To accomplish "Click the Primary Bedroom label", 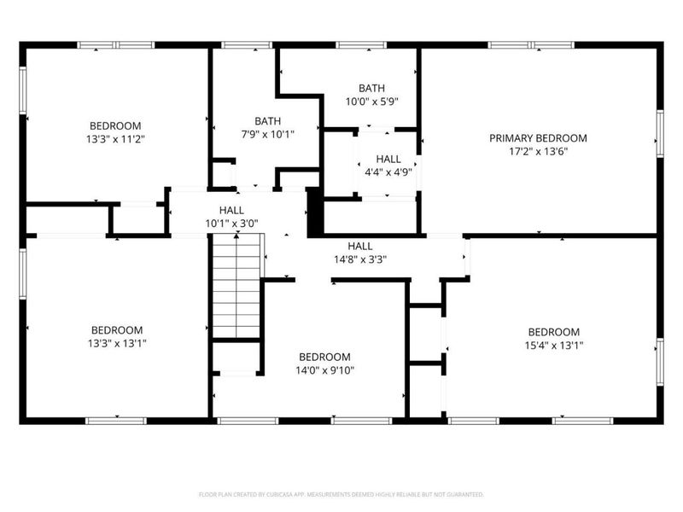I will (538, 137).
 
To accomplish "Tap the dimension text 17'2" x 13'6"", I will (538, 151).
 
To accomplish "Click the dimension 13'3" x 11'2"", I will (116, 139).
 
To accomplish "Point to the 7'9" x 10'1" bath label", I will (267, 134).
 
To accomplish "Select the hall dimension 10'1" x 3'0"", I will (231, 224).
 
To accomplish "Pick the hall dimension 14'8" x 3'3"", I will (359, 259).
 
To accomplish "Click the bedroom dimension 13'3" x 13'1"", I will (117, 344).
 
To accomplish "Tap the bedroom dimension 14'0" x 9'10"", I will (324, 370).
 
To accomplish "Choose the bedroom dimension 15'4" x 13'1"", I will (553, 346).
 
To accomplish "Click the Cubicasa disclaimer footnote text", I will (341, 494).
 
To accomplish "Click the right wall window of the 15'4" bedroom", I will (659, 360).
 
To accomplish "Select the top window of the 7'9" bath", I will (247, 45).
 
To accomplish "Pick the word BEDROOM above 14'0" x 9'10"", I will (324, 357).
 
